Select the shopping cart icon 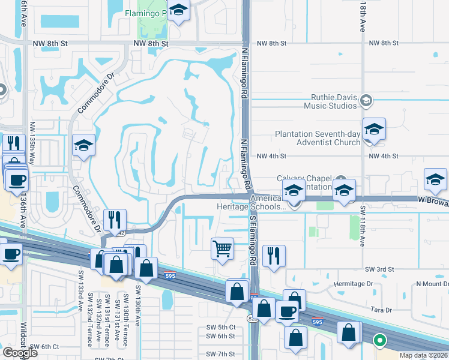tap(223, 247)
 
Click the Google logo tap(20, 353)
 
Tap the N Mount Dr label tap(432, 284)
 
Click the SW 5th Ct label tap(220, 326)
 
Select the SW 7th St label tap(220, 354)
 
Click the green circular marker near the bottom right tap(379, 340)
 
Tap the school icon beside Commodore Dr tap(84, 145)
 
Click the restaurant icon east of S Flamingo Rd tap(274, 256)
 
